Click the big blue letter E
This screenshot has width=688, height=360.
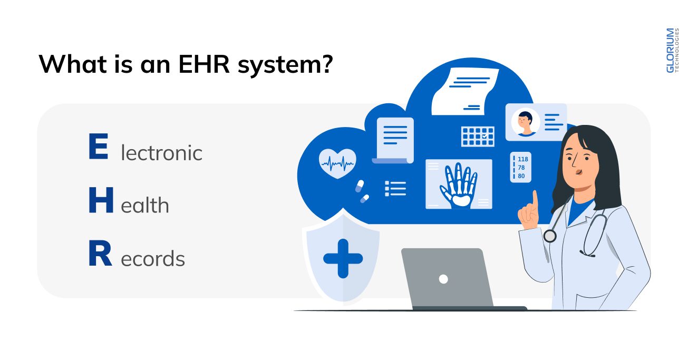click(x=98, y=146)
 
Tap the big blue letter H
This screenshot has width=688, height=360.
click(x=101, y=200)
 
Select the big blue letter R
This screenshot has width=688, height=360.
click(x=100, y=253)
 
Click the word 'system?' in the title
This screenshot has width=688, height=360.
click(x=285, y=65)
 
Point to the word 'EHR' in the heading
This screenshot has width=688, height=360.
click(x=204, y=64)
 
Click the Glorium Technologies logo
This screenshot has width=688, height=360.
click(x=672, y=51)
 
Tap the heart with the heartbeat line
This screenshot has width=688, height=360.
click(x=337, y=163)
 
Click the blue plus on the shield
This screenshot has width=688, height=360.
click(x=343, y=258)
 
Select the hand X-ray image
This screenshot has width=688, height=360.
click(x=459, y=184)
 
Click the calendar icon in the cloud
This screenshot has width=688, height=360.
click(x=478, y=137)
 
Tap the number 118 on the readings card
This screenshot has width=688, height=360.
click(x=523, y=159)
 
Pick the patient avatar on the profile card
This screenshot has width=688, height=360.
click(x=526, y=122)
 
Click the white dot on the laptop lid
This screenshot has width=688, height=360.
click(x=443, y=279)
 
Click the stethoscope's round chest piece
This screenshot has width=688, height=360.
click(x=550, y=236)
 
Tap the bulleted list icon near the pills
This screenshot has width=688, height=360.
click(x=395, y=188)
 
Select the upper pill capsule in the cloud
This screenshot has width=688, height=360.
click(x=360, y=186)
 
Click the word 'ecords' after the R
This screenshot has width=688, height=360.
click(x=153, y=259)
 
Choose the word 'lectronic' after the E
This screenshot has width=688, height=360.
click(x=161, y=153)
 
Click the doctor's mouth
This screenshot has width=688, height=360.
click(x=578, y=172)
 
